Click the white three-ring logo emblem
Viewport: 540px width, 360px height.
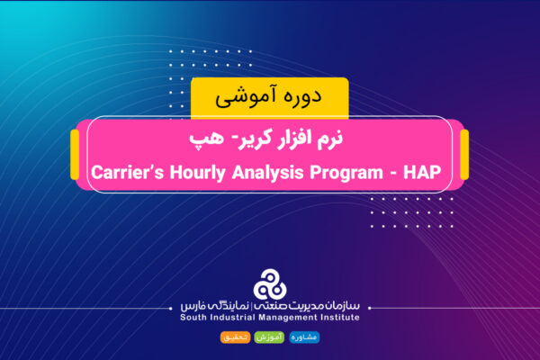(x=270, y=284)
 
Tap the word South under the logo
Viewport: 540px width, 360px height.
(x=197, y=317)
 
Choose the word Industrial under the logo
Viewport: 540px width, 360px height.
(x=244, y=317)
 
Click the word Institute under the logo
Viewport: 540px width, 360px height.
(x=351, y=317)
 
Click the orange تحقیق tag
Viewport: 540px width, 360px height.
(x=234, y=337)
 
